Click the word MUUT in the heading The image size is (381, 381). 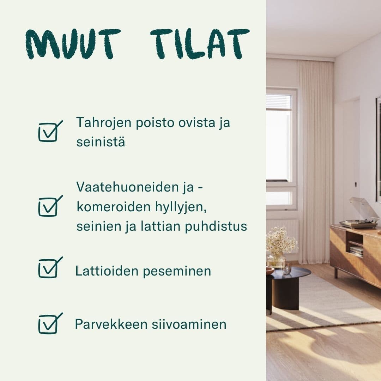click(73, 44)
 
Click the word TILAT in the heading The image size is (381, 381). click(200, 44)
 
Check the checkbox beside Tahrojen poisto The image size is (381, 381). click(49, 132)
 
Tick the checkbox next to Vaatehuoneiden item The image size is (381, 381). click(49, 206)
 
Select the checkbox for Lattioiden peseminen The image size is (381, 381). click(49, 268)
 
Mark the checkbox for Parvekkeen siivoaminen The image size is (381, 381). click(49, 324)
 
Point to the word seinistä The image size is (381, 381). click(101, 143)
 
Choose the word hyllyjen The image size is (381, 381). click(181, 207)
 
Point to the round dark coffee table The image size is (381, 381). click(289, 282)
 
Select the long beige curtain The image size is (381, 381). click(316, 159)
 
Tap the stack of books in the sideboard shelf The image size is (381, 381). click(356, 251)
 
